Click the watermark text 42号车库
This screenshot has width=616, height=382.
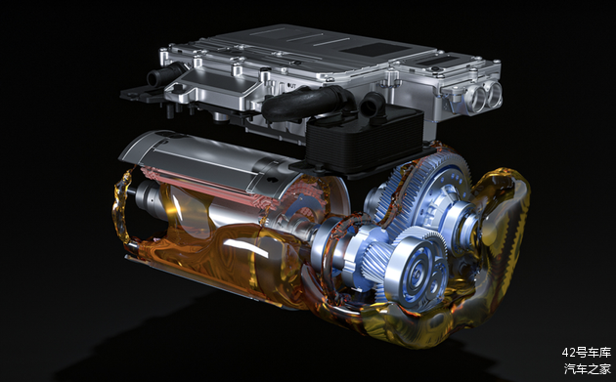[586, 353]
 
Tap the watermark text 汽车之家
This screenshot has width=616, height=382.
[588, 369]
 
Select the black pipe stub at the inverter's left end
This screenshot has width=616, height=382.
[164, 73]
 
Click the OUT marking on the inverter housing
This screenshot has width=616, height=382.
[291, 84]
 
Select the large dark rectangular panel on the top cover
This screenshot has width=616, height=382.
[375, 49]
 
